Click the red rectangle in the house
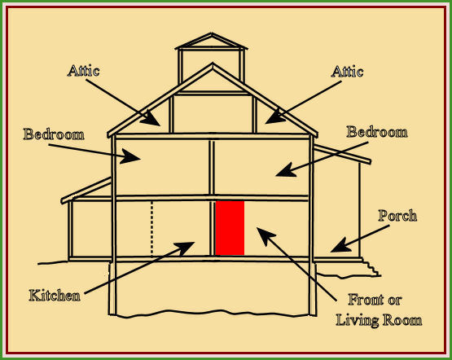tap(230, 228)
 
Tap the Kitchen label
tap(55, 296)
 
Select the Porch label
tap(397, 216)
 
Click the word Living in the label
tap(358, 321)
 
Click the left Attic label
tap(84, 71)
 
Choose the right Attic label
tap(347, 72)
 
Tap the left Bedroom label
tap(54, 134)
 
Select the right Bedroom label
tap(377, 132)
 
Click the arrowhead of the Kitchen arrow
tap(185, 248)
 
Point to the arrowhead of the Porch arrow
tap(340, 246)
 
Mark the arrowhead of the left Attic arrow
tap(151, 119)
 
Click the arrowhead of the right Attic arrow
tap(275, 117)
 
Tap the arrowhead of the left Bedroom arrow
tap(130, 156)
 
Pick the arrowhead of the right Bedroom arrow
tap(286, 169)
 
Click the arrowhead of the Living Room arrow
tap(265, 235)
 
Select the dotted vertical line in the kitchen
tap(152, 228)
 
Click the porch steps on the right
tap(371, 267)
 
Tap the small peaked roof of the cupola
tap(212, 42)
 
